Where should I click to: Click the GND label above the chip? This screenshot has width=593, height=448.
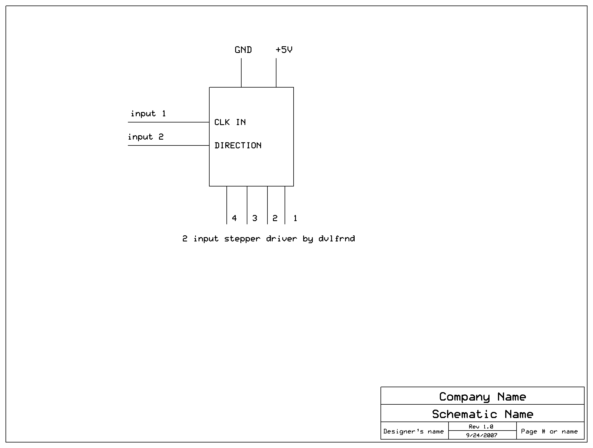[x=243, y=50]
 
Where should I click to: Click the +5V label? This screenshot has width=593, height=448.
[x=284, y=50]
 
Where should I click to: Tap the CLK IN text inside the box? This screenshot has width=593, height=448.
[x=230, y=122]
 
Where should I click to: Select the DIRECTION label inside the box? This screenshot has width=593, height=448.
[x=238, y=145]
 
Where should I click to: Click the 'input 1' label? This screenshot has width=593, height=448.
[x=148, y=113]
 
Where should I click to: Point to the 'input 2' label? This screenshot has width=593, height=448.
[x=146, y=137]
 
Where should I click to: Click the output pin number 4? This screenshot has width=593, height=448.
[x=234, y=218]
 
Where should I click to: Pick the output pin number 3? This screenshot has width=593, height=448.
[x=255, y=218]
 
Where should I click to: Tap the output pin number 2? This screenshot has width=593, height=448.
[x=275, y=218]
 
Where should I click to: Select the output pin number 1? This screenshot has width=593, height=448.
[x=295, y=218]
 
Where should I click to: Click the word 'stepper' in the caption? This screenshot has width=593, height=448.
[x=242, y=239]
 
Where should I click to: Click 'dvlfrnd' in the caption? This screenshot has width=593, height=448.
[x=337, y=239]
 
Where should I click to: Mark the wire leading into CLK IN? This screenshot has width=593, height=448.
[x=169, y=122]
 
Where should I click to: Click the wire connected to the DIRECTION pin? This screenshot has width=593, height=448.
[x=169, y=145]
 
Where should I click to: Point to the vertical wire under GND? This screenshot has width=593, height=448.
[x=241, y=73]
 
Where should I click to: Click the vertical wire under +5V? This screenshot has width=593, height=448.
[x=276, y=73]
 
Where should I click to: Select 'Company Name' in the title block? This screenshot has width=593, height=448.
[x=483, y=397]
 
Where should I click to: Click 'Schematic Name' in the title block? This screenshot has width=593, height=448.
[x=483, y=414]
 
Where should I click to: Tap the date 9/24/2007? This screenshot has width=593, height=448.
[x=482, y=435]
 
